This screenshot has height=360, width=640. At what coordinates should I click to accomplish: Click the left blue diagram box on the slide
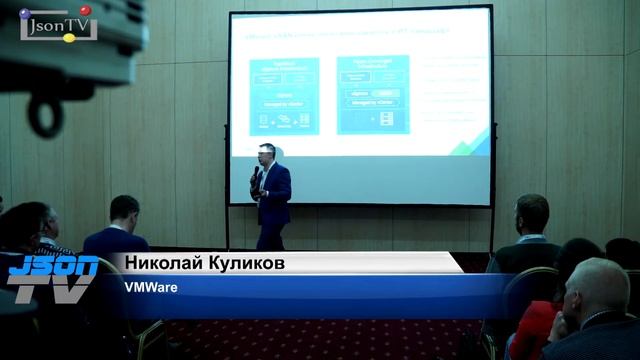coord(284,95)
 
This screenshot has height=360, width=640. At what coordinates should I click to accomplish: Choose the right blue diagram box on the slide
coord(372,95)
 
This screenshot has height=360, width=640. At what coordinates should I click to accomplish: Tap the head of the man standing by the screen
coord(532,211)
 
